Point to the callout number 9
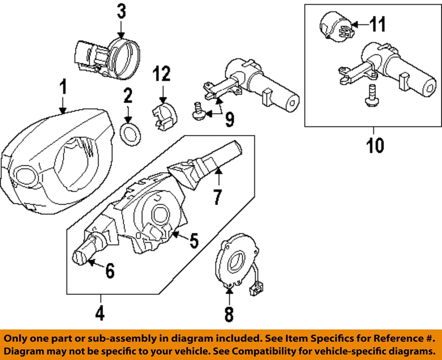pyautogui.click(x=229, y=119)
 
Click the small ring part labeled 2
pyautogui.click(x=130, y=134)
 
